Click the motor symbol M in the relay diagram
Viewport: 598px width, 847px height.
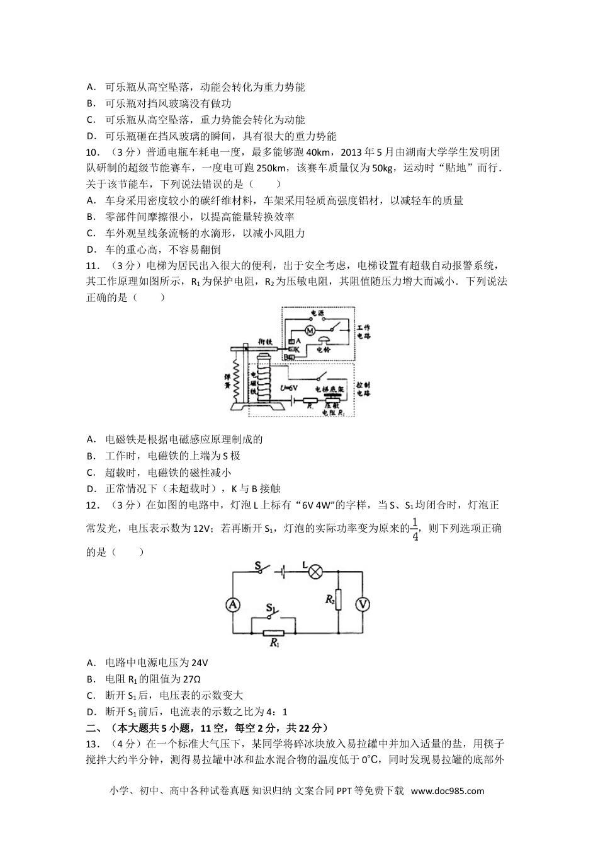pyautogui.click(x=309, y=330)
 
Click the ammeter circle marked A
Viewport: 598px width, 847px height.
pyautogui.click(x=233, y=604)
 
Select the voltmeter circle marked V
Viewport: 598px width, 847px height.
pyautogui.click(x=363, y=604)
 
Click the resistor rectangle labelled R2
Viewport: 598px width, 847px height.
pyautogui.click(x=339, y=599)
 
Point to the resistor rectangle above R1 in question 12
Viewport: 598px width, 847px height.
pyautogui.click(x=274, y=633)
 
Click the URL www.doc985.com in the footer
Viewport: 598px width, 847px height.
pyautogui.click(x=446, y=791)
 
